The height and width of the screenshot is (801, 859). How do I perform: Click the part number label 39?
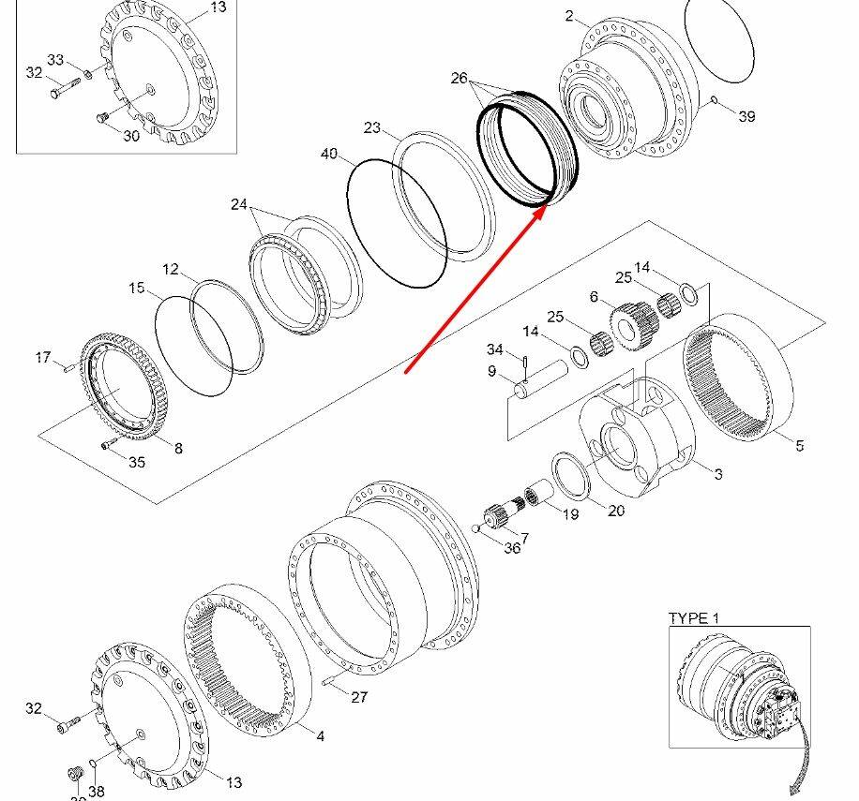tap(746, 116)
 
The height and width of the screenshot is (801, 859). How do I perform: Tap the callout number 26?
tap(459, 79)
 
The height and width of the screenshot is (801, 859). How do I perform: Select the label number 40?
tap(329, 154)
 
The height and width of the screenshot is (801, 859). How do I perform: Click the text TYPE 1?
tap(693, 618)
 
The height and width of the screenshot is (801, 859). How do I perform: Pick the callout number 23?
tap(372, 128)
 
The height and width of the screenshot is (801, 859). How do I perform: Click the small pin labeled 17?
tap(67, 368)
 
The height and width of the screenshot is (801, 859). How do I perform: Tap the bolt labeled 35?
tap(109, 445)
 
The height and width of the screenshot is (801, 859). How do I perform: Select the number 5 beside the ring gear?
tap(799, 446)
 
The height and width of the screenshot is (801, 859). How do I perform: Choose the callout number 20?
tap(615, 511)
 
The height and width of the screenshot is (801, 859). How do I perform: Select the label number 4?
tap(320, 736)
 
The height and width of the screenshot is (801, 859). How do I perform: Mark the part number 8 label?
tap(177, 448)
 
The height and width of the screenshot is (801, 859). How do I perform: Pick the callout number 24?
tap(239, 204)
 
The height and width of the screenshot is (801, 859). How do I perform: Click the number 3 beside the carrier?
tap(718, 474)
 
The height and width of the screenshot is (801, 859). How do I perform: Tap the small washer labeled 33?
tap(87, 75)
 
